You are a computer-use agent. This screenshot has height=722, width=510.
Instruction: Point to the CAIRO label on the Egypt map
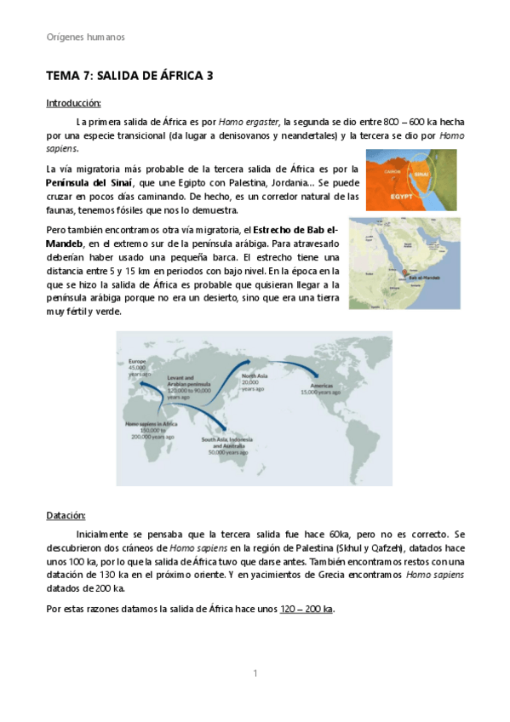point(393,170)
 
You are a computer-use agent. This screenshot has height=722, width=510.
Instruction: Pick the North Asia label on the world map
point(255,375)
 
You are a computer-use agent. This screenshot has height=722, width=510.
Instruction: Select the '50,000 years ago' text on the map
point(225,453)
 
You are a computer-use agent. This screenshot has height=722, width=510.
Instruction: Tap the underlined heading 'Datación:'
point(66,515)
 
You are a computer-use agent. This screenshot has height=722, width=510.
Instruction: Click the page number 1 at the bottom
point(254,673)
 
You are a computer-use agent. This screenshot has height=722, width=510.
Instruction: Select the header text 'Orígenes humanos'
point(85,37)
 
